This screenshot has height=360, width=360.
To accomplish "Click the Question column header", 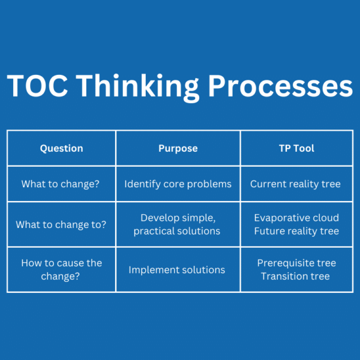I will coord(61,148).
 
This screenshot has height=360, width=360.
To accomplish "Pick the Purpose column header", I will coord(178,148).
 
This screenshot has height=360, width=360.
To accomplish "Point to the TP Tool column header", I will coord(295,148).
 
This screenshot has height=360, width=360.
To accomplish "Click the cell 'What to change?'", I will coord(61,184).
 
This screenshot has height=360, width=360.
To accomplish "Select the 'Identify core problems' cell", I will coord(178,184).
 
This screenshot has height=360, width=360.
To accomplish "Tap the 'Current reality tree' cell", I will coord(295,184).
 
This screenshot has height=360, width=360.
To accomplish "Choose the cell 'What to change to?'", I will coord(61,224).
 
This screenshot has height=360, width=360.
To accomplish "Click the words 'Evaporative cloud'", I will coord(296,218).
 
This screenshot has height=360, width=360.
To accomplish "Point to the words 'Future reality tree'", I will coord(296,231).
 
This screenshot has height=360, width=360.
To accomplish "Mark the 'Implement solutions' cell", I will coord(177,270).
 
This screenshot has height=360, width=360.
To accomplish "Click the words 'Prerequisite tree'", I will coord(296,263).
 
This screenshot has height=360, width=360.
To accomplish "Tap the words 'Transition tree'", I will coord(295,277).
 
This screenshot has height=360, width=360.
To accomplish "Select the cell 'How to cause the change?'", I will coord(61,270).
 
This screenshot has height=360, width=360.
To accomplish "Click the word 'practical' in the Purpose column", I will coord(154,232).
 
